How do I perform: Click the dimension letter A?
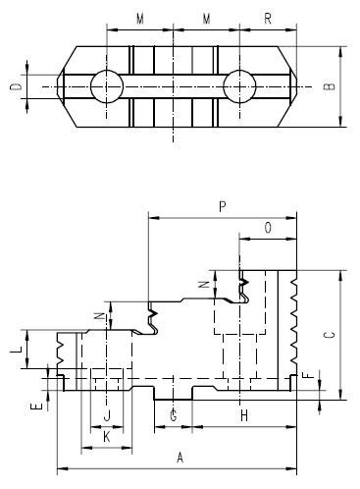pyautogui.click(x=179, y=458)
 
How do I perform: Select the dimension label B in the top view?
pyautogui.click(x=329, y=86)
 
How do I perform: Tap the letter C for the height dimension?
pyautogui.click(x=329, y=335)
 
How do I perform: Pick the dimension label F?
pyautogui.click(x=305, y=375)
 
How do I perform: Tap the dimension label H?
pyautogui.click(x=244, y=416)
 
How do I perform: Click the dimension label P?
pyautogui.click(x=223, y=207)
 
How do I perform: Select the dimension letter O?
pyautogui.click(x=269, y=227)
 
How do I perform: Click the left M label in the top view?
pyautogui.click(x=140, y=19)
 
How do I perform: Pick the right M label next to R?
pyautogui.click(x=206, y=19)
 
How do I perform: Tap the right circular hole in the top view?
pyautogui.click(x=238, y=86)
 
